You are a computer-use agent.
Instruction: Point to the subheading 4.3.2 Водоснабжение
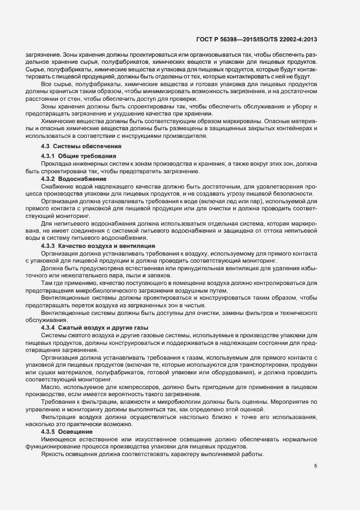click(x=74, y=179)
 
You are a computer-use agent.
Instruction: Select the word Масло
click(x=50, y=386)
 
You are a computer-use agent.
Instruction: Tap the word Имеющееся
click(x=58, y=439)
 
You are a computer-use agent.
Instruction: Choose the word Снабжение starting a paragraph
click(x=57, y=186)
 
